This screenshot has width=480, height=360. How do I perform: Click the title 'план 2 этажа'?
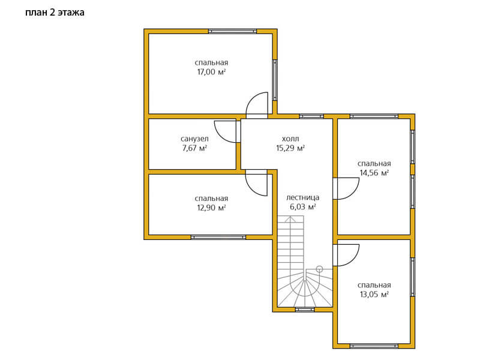coord(55,13)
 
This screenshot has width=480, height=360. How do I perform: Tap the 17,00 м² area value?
coord(212,72)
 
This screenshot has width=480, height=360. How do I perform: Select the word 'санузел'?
coord(194,139)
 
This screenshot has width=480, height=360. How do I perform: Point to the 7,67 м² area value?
coord(194,148)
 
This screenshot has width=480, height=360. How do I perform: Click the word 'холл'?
coord(290,139)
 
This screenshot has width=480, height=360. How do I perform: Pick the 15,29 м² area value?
coord(290,148)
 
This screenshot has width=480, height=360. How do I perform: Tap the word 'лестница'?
coord(303,197)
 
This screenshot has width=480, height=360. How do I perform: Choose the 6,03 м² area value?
coord(303,207)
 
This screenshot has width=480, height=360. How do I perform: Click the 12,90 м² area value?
coord(212,208)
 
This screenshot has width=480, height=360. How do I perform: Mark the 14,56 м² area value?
coord(374,173)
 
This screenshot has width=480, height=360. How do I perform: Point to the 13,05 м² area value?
coord(374,295)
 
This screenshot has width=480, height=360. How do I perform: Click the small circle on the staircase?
coord(319,269)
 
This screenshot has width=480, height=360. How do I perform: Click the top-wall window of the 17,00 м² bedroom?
coord(233,31)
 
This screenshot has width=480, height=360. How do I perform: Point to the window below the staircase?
coord(305,310)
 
